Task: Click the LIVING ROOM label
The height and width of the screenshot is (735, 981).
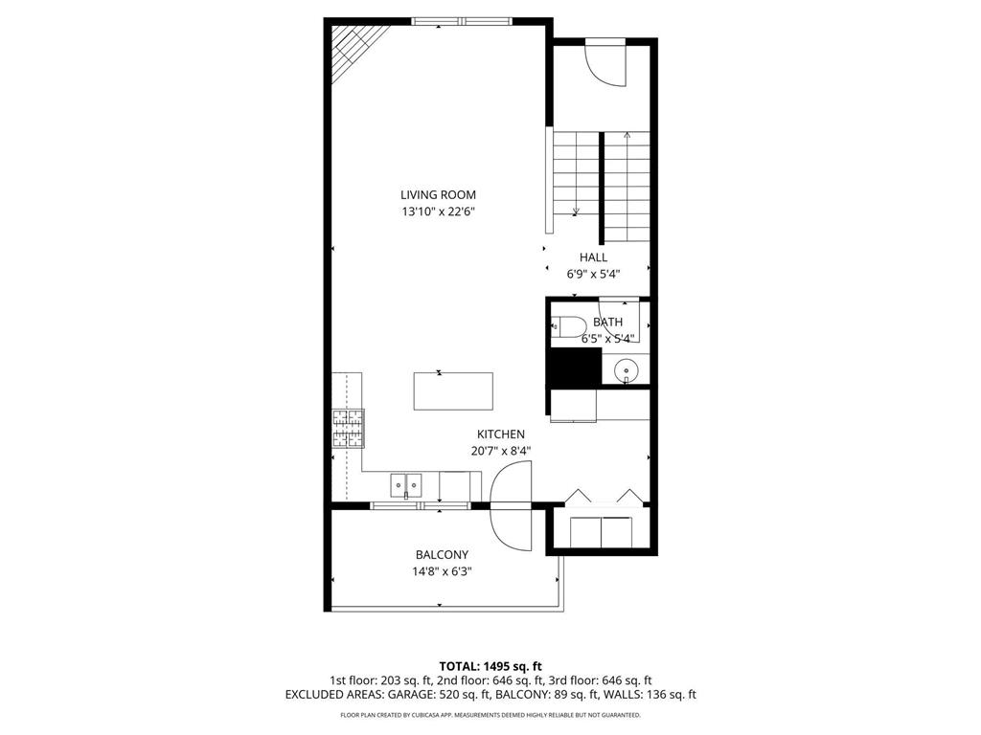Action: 438,195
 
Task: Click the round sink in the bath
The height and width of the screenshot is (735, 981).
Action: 626,367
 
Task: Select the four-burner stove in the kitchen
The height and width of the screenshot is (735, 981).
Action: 349,428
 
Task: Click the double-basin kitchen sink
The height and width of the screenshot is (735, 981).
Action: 406,486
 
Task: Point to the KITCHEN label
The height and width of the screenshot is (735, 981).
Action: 501,434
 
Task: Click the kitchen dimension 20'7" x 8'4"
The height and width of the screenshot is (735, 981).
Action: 501,451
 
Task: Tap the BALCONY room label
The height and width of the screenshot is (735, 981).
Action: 442,555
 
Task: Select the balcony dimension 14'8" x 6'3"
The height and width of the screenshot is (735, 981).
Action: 442,571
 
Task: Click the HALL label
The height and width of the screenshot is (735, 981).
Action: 593,257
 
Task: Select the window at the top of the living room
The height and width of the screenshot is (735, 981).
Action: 461,21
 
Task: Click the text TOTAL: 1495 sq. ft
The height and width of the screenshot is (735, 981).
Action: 490,666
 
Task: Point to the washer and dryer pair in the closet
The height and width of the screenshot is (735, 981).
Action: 602,530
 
